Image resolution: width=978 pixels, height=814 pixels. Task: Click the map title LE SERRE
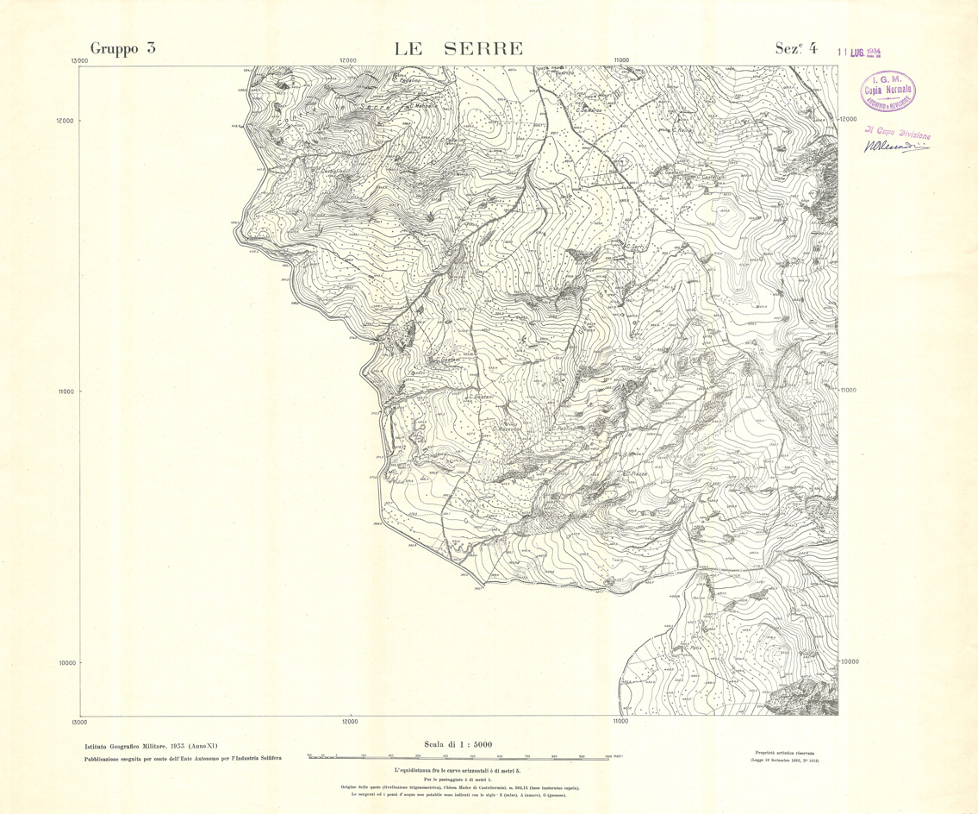tap(458, 48)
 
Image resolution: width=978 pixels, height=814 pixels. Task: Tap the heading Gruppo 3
tap(123, 49)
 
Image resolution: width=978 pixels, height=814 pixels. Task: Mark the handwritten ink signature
tap(896, 147)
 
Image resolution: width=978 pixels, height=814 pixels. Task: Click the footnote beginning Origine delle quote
tap(458, 787)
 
